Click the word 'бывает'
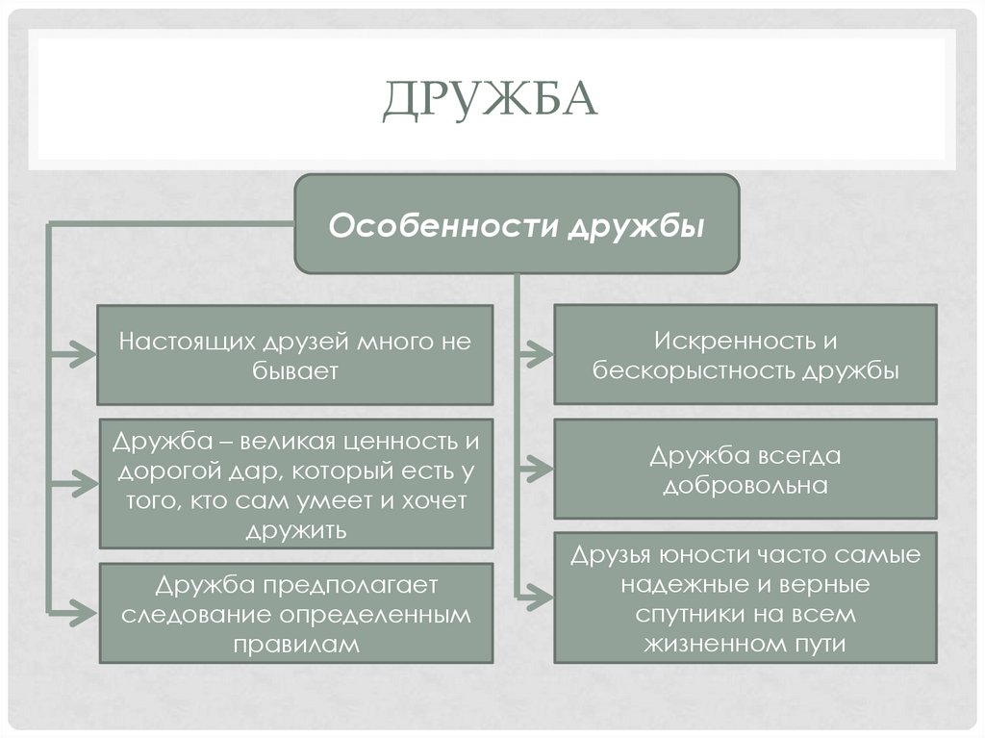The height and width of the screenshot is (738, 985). pyautogui.click(x=295, y=371)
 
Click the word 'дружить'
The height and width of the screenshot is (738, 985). pyautogui.click(x=295, y=530)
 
